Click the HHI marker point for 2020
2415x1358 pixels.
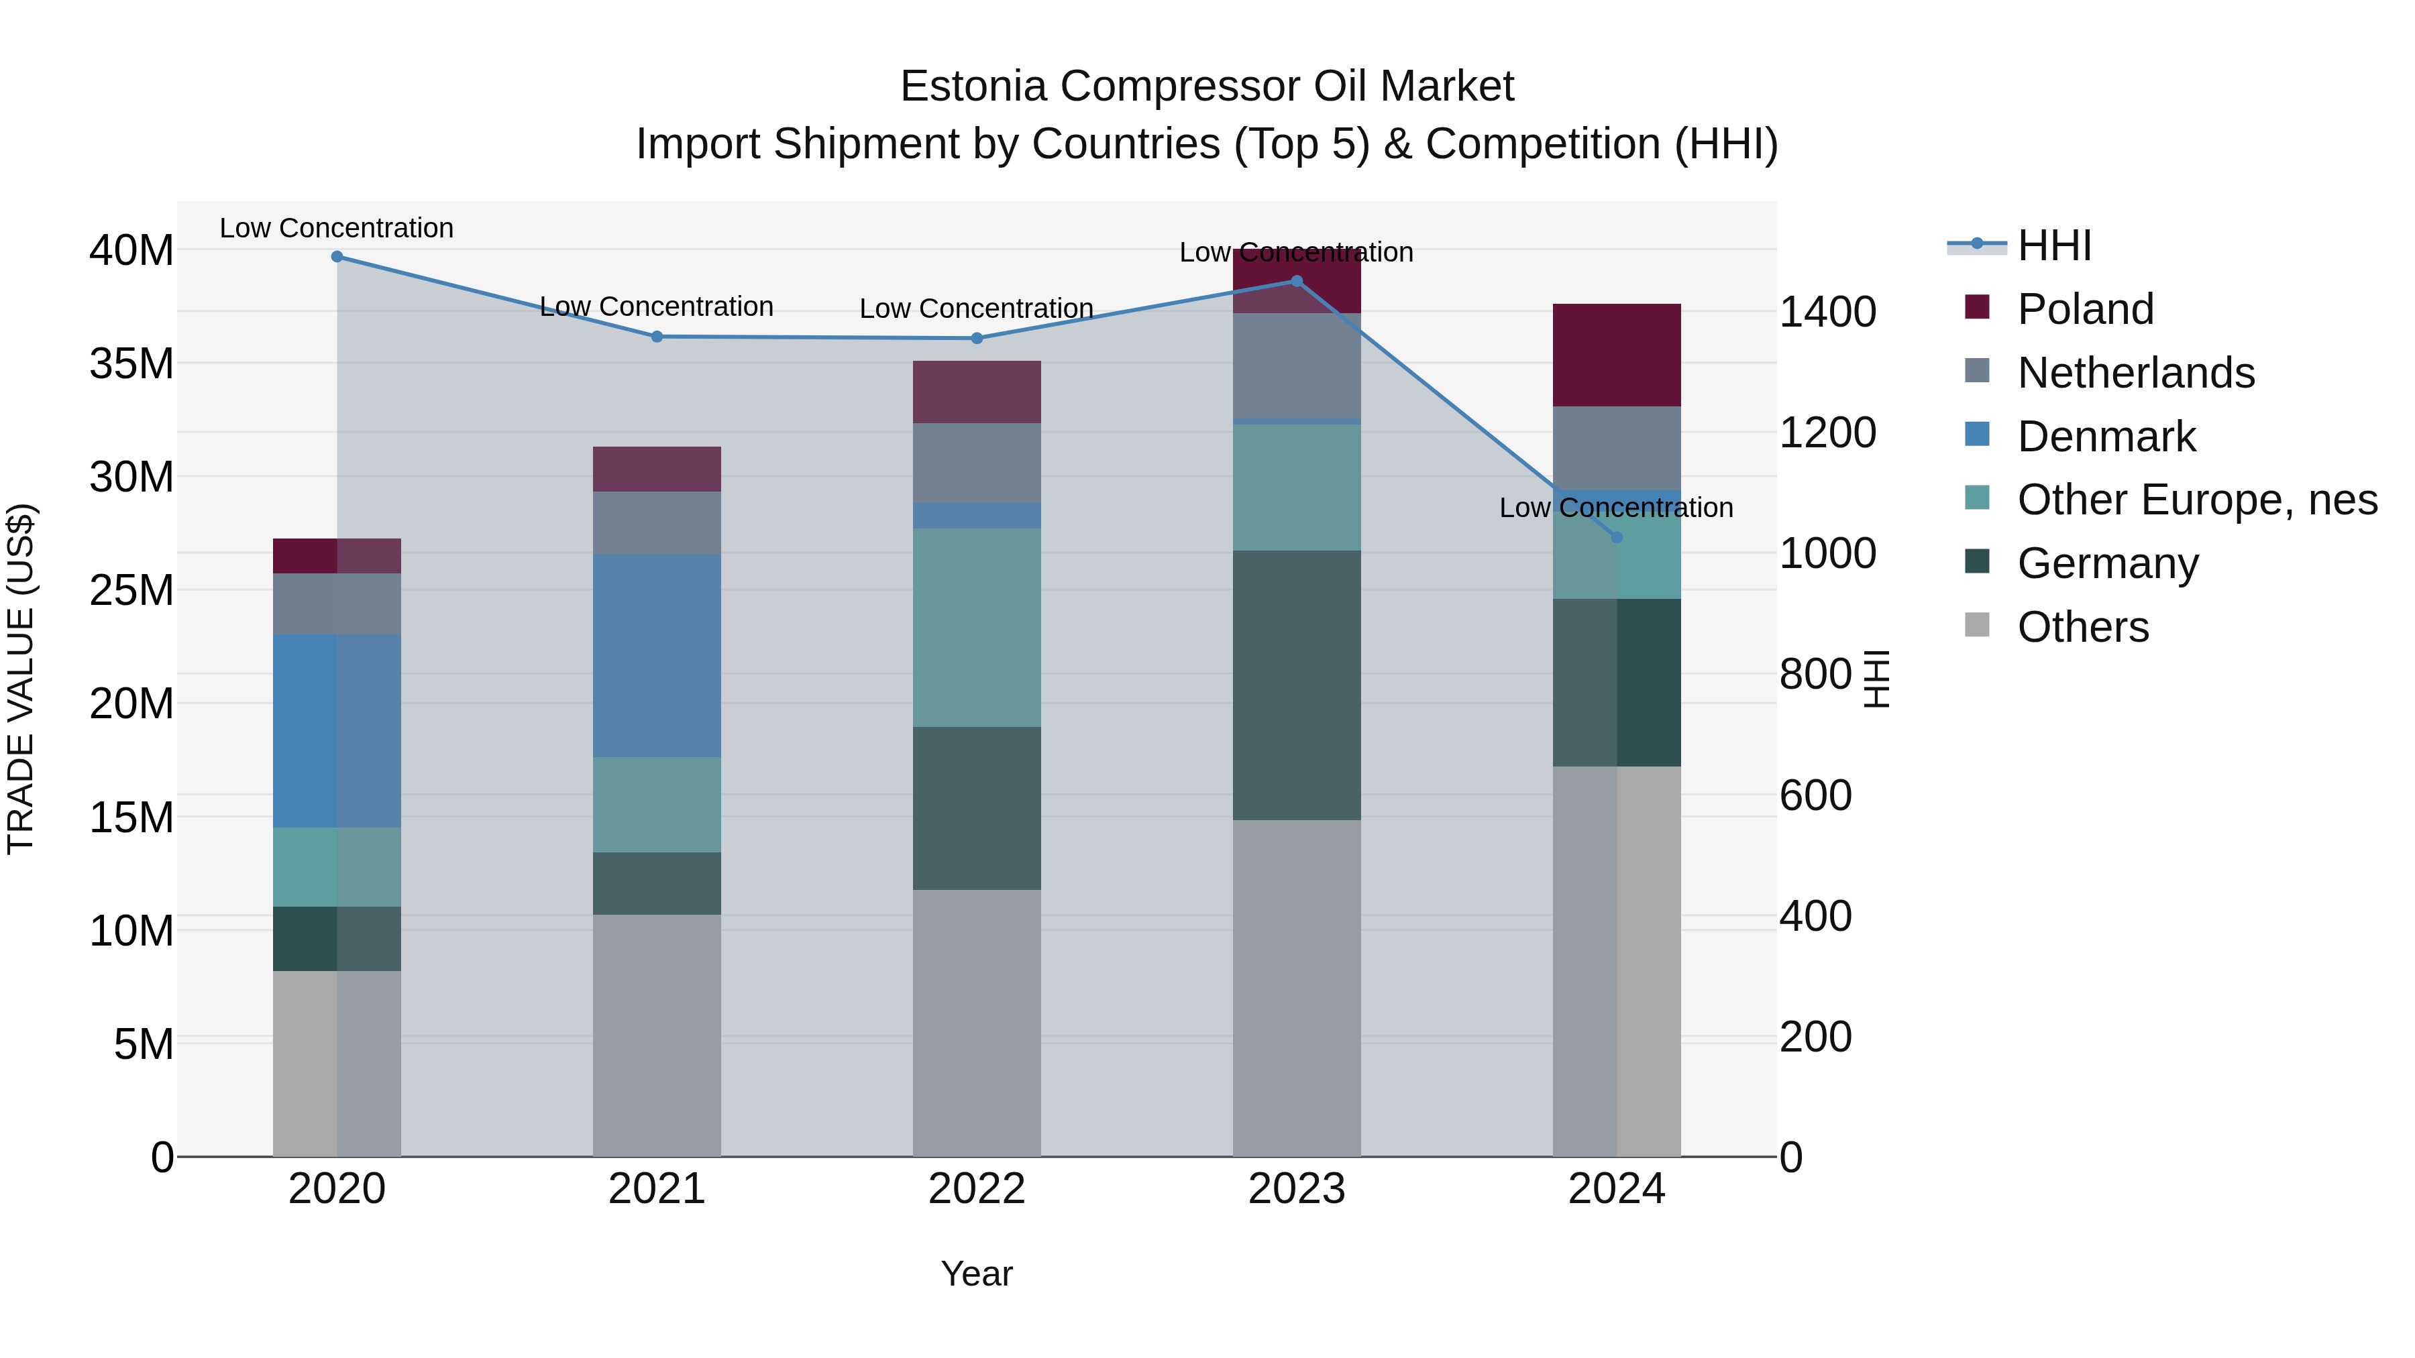(x=337, y=257)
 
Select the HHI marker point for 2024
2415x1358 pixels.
(x=1616, y=538)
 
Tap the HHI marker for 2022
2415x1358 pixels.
(x=977, y=339)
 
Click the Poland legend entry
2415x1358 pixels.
(x=2085, y=309)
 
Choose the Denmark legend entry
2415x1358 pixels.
(x=2106, y=437)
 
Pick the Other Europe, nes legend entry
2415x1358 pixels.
(x=2196, y=500)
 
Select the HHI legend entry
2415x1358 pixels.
(x=2053, y=245)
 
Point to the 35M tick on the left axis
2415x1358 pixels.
(x=131, y=363)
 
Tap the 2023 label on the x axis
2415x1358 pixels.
(x=1297, y=1189)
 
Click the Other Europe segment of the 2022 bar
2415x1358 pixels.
(x=977, y=627)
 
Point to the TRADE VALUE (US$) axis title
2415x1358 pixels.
(x=21, y=679)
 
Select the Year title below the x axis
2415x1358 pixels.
(x=977, y=1274)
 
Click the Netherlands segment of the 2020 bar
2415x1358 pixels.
(x=337, y=604)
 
